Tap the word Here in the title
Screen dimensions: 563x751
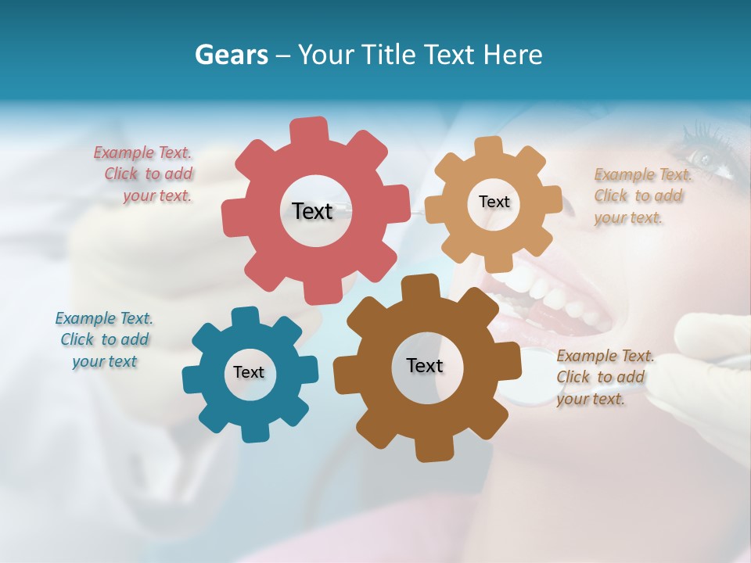coord(512,55)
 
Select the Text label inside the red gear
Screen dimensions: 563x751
coord(312,210)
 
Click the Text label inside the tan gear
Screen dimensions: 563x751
coord(494,202)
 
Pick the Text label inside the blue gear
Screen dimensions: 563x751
coord(249,372)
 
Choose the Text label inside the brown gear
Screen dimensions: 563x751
coord(425,365)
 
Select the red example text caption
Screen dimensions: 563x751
coord(145,174)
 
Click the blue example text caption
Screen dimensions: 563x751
coord(104,339)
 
